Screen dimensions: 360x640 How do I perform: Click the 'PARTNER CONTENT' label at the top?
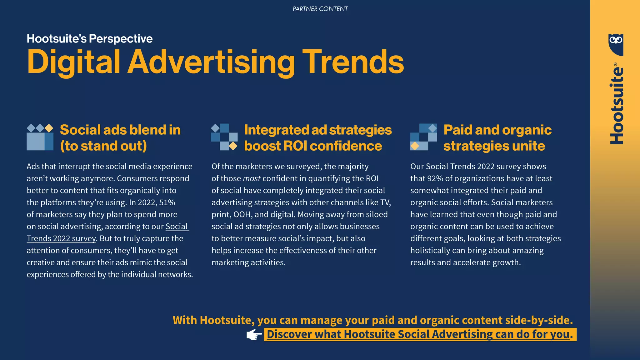(320, 9)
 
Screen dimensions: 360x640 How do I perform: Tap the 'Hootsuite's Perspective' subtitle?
(90, 39)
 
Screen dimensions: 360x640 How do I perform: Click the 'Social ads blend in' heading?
(120, 130)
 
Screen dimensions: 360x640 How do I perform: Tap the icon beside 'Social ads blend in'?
(40, 137)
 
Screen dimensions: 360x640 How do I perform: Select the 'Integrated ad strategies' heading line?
(318, 130)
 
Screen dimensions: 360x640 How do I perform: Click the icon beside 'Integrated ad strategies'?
(224, 137)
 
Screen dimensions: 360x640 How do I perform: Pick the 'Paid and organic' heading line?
(497, 130)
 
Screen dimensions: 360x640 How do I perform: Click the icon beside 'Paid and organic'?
(423, 137)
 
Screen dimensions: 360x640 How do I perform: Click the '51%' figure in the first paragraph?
(167, 202)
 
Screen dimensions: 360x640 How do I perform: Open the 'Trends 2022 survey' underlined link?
(61, 238)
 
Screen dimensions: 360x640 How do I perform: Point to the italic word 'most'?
(252, 178)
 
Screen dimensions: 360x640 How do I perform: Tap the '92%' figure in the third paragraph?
(435, 178)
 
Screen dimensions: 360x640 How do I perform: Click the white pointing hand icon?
(254, 335)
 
